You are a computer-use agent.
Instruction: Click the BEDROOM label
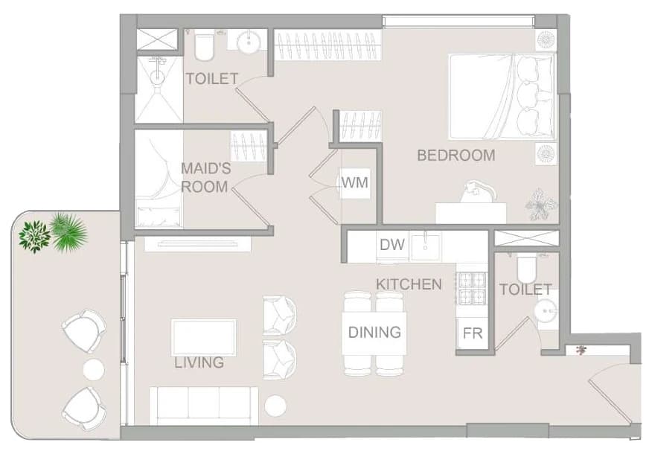point(455,155)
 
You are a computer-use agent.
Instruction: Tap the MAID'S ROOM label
point(205,178)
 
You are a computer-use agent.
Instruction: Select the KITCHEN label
point(409,284)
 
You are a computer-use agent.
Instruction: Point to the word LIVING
point(199,362)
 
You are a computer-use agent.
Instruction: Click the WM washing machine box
point(355,182)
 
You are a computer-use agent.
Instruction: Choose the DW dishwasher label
point(392,245)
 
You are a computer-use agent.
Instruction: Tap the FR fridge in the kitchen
point(473,333)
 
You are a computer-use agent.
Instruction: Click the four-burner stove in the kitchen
point(473,288)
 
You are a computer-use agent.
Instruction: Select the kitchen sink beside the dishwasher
point(425,246)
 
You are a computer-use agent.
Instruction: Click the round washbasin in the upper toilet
point(249,42)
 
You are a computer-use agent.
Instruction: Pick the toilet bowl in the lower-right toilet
point(526,269)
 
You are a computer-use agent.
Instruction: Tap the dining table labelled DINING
point(374,333)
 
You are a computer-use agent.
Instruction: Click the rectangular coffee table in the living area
point(204,338)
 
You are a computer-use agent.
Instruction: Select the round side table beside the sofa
point(275,406)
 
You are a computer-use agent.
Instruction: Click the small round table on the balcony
point(94,369)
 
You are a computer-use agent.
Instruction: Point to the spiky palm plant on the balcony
point(68,231)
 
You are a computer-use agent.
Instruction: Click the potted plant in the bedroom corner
point(540,204)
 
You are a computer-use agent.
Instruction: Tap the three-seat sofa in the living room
point(204,406)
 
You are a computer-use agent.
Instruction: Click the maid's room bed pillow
point(159,216)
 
